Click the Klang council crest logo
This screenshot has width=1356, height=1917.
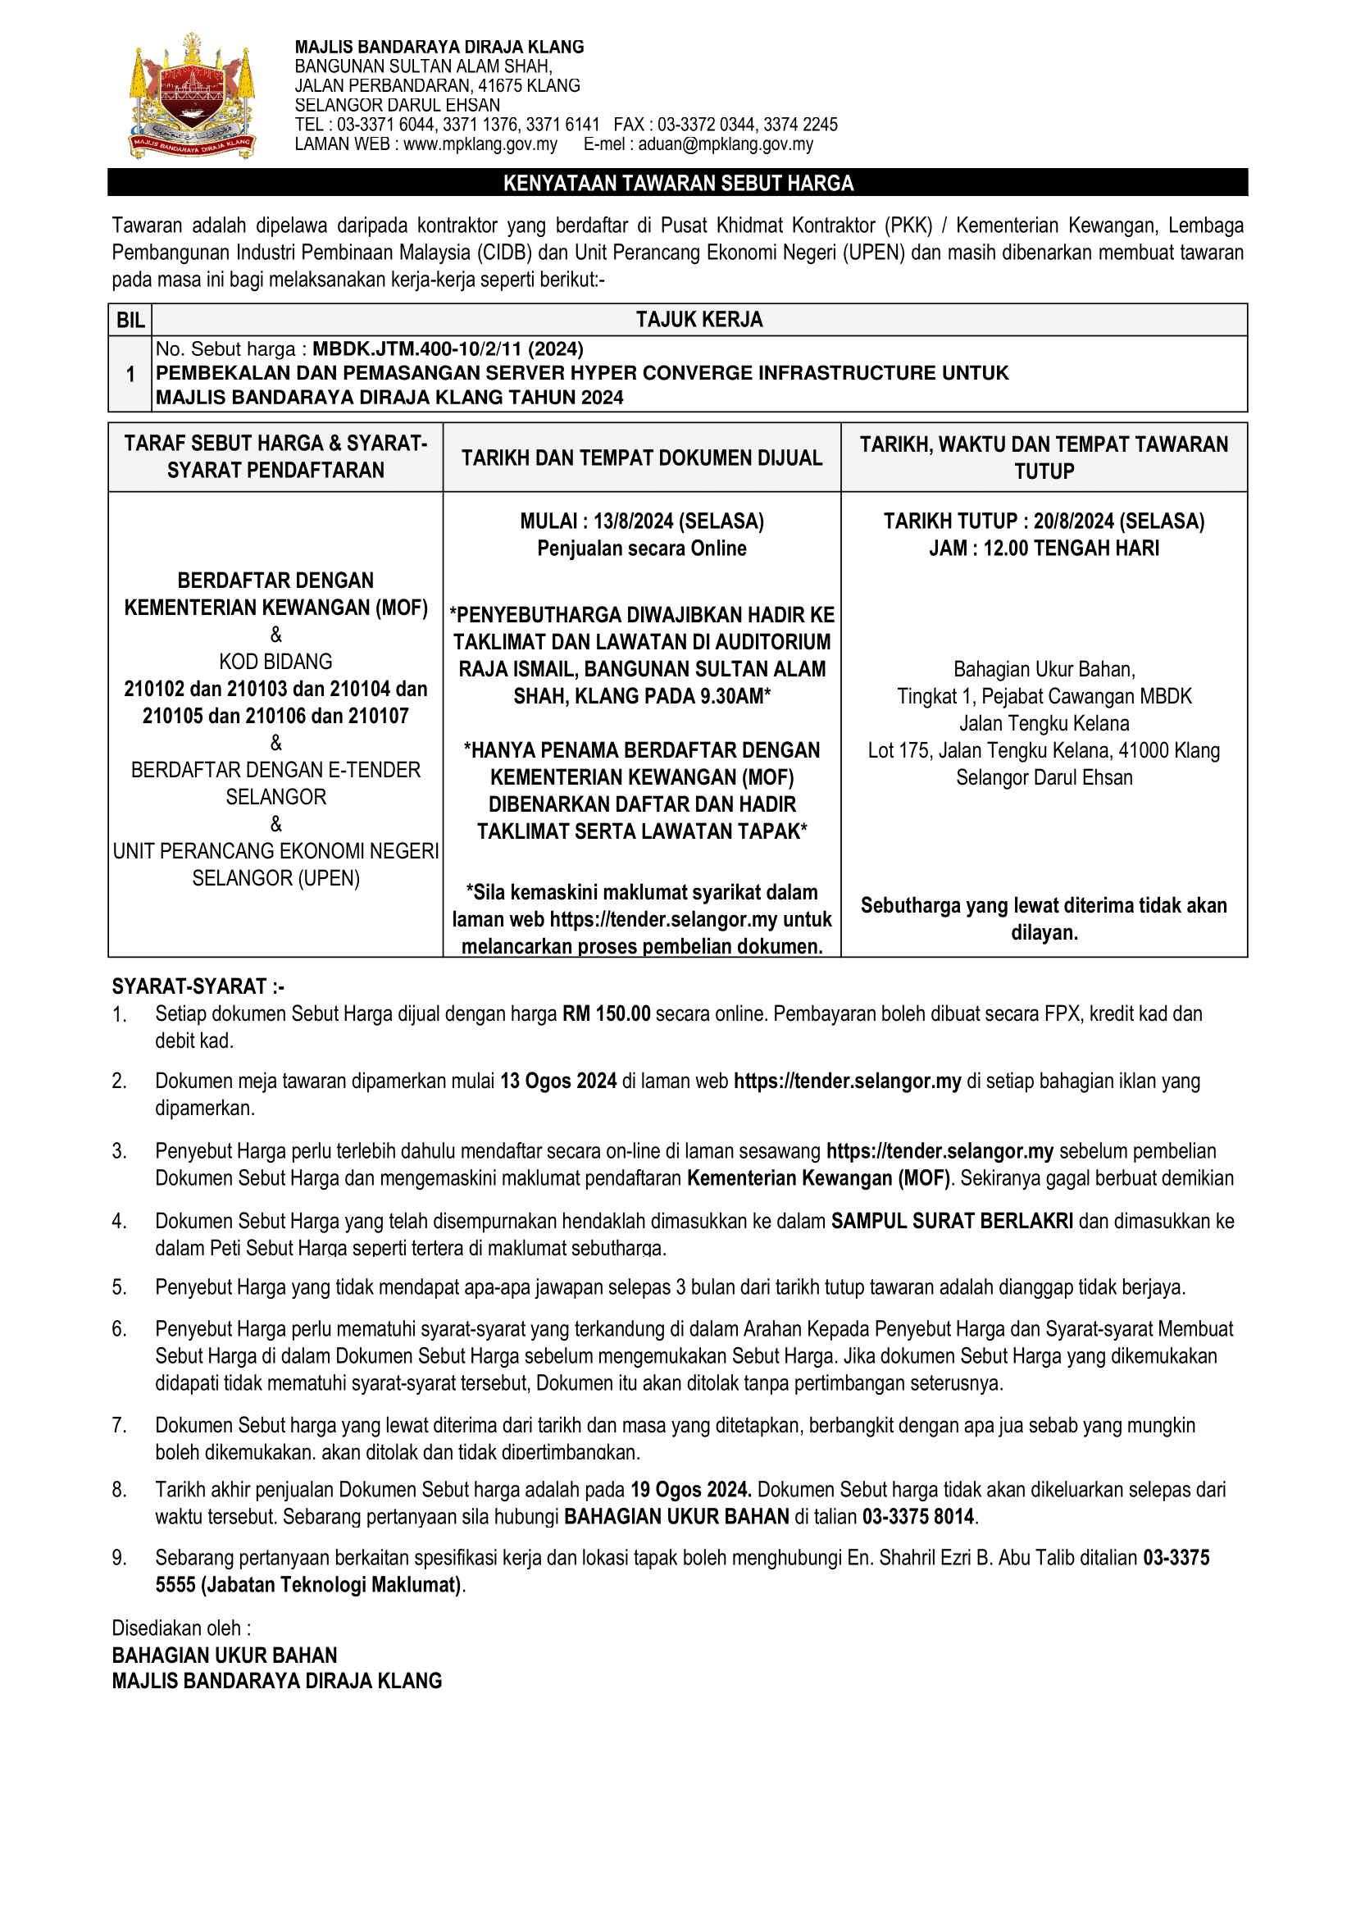[x=193, y=97]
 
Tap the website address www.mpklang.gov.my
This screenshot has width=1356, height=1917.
[x=480, y=144]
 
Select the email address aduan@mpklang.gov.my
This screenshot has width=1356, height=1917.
[x=725, y=144]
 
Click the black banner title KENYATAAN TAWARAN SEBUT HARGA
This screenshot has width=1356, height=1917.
[x=678, y=183]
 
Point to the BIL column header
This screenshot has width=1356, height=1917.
[x=130, y=320]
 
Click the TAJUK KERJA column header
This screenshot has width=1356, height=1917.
[x=698, y=320]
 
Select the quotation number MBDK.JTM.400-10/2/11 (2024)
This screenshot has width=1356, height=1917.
[x=448, y=349]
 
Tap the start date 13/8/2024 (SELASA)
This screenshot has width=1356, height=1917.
[x=679, y=521]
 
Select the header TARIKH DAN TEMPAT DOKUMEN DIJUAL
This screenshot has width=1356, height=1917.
[x=641, y=458]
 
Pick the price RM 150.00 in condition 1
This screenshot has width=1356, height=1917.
[x=606, y=1014]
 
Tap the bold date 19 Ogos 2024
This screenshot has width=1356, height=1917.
[x=690, y=1490]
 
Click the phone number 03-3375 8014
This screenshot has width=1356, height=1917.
[x=918, y=1516]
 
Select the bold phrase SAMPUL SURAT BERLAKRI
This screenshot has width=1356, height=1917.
[x=952, y=1222]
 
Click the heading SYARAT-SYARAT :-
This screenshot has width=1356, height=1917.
[x=198, y=987]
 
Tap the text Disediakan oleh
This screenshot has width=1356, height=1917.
[x=180, y=1628]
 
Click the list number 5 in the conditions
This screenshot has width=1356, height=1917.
[x=120, y=1287]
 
